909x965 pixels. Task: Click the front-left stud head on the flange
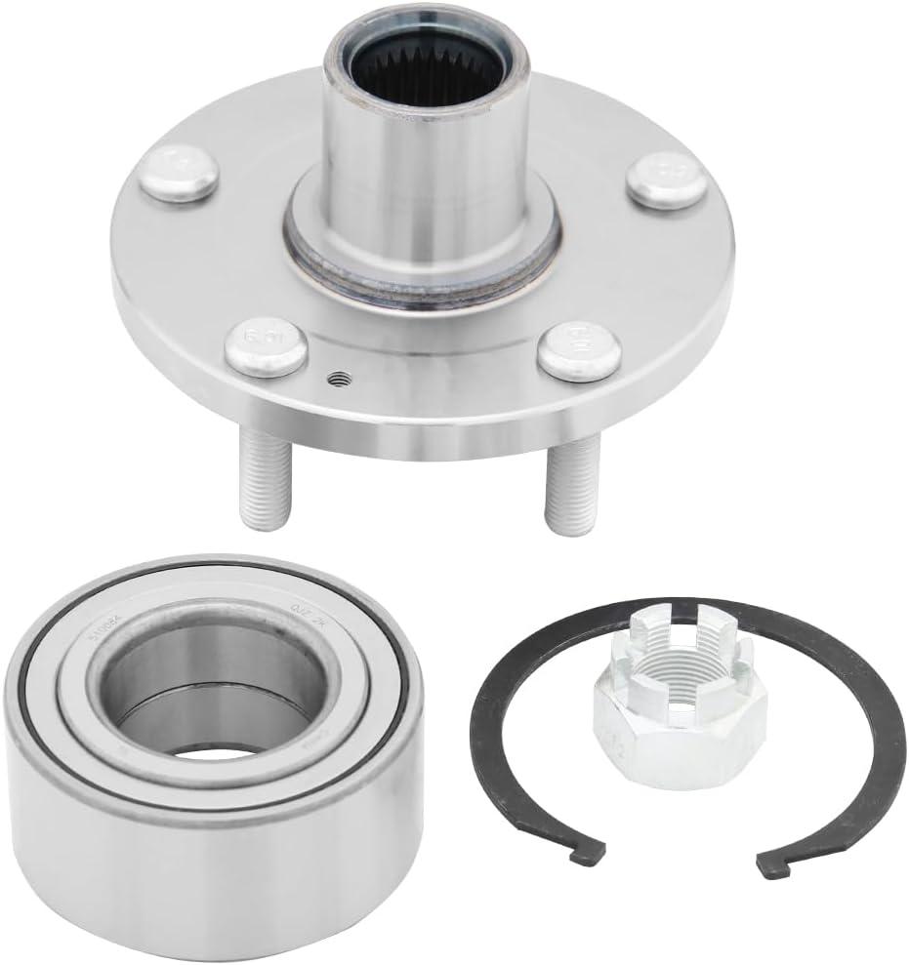pos(265,344)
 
